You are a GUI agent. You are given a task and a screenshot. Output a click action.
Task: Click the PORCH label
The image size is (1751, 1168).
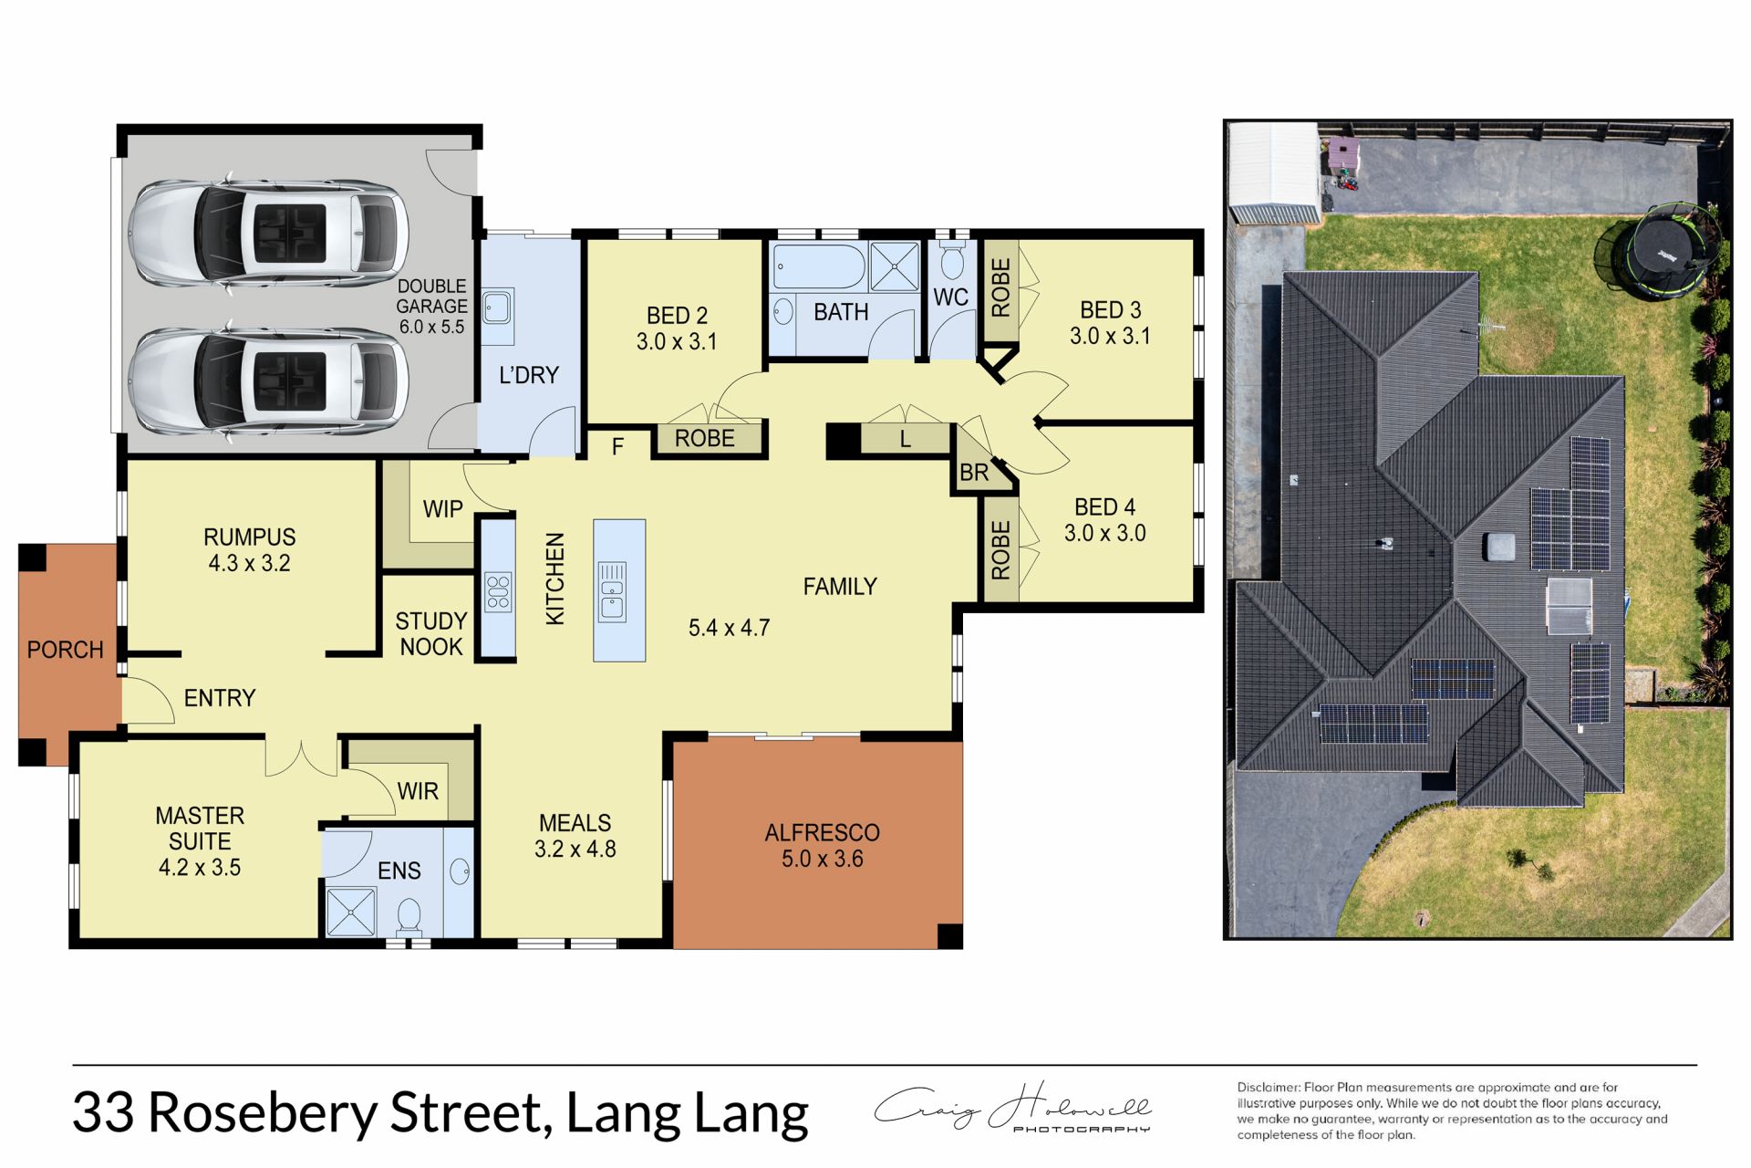[x=65, y=650]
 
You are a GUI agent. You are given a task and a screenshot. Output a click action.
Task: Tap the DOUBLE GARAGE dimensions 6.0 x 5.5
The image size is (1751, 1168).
[x=431, y=327]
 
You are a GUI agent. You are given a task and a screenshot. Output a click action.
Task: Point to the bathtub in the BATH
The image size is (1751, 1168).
[x=818, y=266]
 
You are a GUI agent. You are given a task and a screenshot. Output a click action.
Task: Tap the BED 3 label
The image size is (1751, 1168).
[x=1110, y=310]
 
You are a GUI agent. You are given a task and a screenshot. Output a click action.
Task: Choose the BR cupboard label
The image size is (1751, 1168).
[x=974, y=473]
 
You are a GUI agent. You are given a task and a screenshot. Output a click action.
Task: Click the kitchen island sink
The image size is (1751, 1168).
[x=612, y=591]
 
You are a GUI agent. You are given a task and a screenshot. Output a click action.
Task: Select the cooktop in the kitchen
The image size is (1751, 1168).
[x=498, y=591]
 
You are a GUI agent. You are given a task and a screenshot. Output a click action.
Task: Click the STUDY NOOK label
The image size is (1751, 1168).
[x=431, y=633]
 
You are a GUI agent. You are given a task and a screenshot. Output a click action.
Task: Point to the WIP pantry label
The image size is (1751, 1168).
[x=443, y=509]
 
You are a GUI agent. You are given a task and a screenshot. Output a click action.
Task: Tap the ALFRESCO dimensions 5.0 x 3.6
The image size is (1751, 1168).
[x=822, y=859]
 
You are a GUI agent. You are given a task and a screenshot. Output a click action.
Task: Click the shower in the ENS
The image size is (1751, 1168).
[x=351, y=911]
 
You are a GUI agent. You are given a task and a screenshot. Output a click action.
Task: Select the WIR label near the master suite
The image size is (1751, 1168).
[x=418, y=791]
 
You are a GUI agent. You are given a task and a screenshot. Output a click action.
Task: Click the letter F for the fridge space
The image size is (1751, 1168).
[x=617, y=446]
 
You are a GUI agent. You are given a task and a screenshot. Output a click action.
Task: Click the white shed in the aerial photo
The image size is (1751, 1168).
[x=1273, y=172]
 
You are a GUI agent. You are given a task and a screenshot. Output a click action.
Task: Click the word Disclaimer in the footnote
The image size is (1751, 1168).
[x=1269, y=1088]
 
